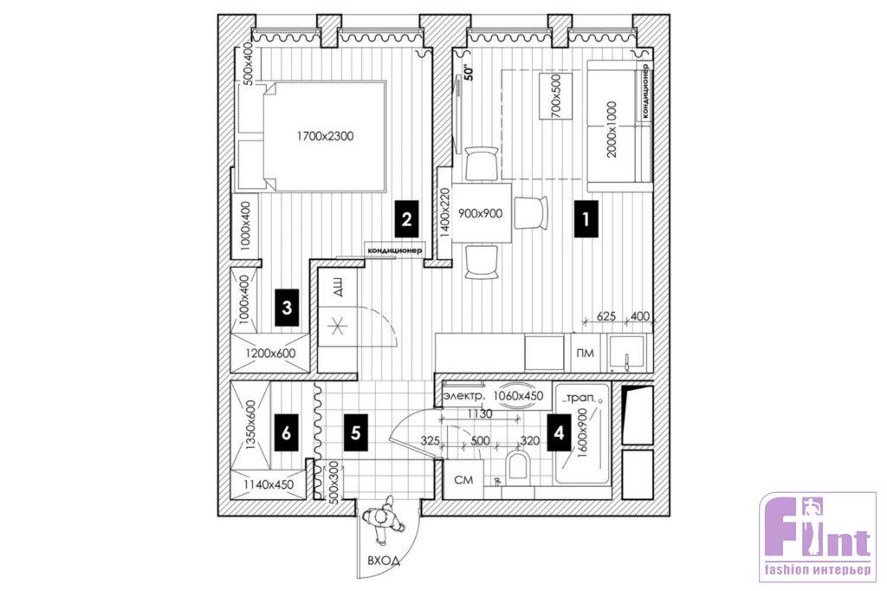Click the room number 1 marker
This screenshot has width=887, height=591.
coord(586,218)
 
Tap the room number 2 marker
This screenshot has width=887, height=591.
coord(406,218)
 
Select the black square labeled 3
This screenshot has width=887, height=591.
coord(287,308)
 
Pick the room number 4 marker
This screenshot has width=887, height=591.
coord(559,433)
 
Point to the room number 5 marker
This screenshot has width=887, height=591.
coord(355,433)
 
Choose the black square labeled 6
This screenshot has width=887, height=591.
coord(286,433)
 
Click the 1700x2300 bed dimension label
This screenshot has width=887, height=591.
coord(326,136)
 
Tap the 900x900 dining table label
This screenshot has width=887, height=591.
coord(480,213)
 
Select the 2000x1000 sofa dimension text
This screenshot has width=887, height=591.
coord(611,130)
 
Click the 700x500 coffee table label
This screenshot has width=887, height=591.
coord(555,96)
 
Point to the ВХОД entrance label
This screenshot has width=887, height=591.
coord(384,561)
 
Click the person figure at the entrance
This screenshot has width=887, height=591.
coord(383,518)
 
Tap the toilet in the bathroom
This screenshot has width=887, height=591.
coord(518,467)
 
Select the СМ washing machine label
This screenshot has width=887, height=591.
coord(463,480)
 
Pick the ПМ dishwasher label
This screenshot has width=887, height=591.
coord(585,354)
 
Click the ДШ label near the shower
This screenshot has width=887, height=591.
coord(337,290)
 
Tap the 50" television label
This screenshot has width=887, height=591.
coord(468,73)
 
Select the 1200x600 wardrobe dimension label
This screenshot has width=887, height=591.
coord(270,354)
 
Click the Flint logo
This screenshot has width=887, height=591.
coord(817,537)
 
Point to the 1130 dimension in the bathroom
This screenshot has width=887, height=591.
coord(479,414)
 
